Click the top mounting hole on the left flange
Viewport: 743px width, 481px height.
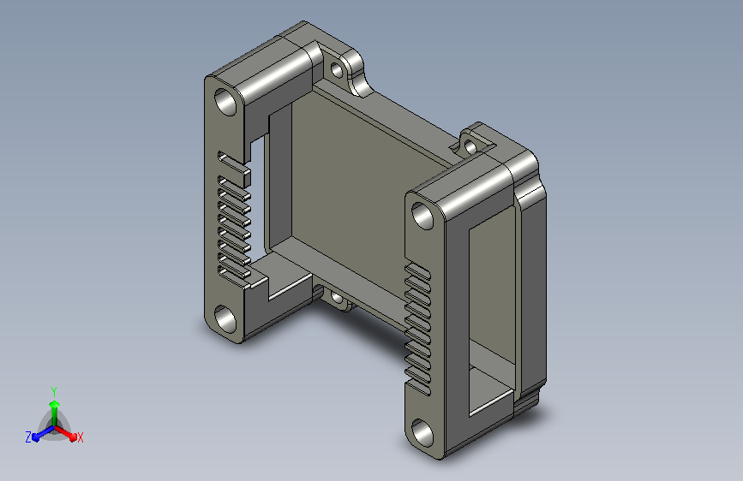pos(225,101)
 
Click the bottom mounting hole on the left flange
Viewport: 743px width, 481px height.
pos(225,318)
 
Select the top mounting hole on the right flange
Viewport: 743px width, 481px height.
pos(422,216)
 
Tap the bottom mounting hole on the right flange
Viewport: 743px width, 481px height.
pos(422,433)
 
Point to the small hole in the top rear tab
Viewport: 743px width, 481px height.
pos(337,70)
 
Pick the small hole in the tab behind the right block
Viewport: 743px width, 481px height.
pos(470,146)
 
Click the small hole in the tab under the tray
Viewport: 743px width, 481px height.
pos(337,298)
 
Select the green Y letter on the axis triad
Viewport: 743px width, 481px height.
pos(54,391)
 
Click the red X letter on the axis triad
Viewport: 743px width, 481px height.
pos(80,437)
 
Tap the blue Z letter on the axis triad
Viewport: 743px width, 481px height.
pos(28,437)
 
